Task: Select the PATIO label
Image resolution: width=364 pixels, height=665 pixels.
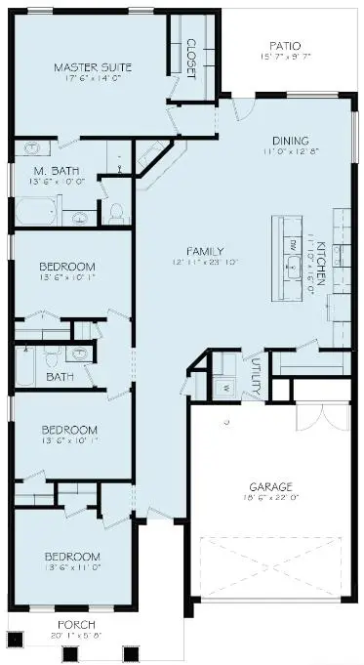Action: coord(285,45)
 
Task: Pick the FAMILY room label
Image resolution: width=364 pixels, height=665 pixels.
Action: coord(192,250)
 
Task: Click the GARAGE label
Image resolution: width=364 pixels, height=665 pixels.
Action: coord(269,485)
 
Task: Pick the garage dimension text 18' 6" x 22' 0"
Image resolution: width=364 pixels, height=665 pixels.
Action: coord(269,498)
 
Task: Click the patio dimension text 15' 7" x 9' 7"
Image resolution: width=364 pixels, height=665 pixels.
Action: coord(285,57)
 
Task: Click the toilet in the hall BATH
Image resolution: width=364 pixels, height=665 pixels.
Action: coord(83,353)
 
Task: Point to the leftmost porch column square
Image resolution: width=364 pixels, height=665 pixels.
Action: coord(15,641)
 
